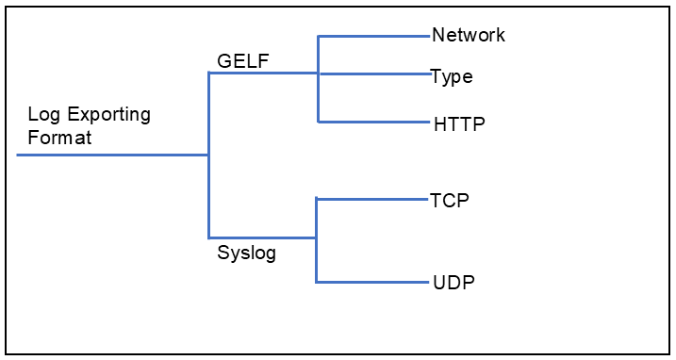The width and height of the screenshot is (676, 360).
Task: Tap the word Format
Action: click(59, 138)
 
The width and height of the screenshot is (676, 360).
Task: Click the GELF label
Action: click(243, 61)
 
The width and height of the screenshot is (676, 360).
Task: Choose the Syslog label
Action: click(247, 253)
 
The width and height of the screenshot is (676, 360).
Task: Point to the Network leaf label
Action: click(469, 36)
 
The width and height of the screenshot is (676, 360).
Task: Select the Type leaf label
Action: click(452, 76)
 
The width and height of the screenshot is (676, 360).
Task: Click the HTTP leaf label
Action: click(459, 123)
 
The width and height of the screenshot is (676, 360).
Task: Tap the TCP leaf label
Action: click(450, 200)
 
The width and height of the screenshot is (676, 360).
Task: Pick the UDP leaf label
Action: click(453, 282)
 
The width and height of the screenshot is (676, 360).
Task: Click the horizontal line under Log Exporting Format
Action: click(113, 155)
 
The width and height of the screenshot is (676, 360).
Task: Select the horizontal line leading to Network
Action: click(374, 37)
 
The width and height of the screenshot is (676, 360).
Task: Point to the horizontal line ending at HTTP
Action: click(374, 122)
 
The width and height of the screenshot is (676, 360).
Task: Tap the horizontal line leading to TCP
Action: click(372, 199)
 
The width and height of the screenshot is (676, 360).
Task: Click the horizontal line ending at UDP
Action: click(372, 282)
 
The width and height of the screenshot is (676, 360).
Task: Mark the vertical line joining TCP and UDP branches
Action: click(317, 240)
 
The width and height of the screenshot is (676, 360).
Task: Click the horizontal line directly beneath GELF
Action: click(263, 74)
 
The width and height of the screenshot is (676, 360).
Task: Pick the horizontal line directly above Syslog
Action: click(262, 237)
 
